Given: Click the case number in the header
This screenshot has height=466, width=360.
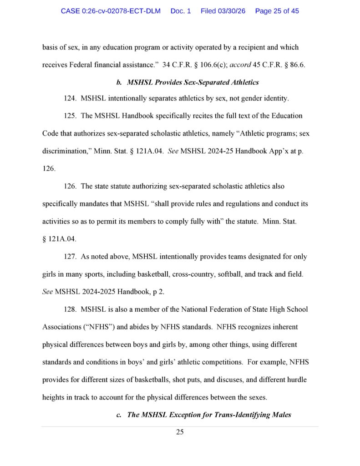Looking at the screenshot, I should coord(111,11).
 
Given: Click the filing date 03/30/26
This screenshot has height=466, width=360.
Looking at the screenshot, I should coord(223,11).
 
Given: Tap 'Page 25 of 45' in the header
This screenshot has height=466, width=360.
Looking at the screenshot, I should coord(277,11).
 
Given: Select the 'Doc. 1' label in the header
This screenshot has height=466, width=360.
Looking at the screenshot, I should coord(181,11).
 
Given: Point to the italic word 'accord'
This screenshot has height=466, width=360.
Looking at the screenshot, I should coord(240,64).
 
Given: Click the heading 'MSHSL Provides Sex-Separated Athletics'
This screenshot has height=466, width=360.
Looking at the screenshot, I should coord(193,82).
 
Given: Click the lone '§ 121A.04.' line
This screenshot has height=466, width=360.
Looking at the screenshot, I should coord(59,239).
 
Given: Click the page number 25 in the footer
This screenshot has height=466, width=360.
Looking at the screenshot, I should coord(180,432).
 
